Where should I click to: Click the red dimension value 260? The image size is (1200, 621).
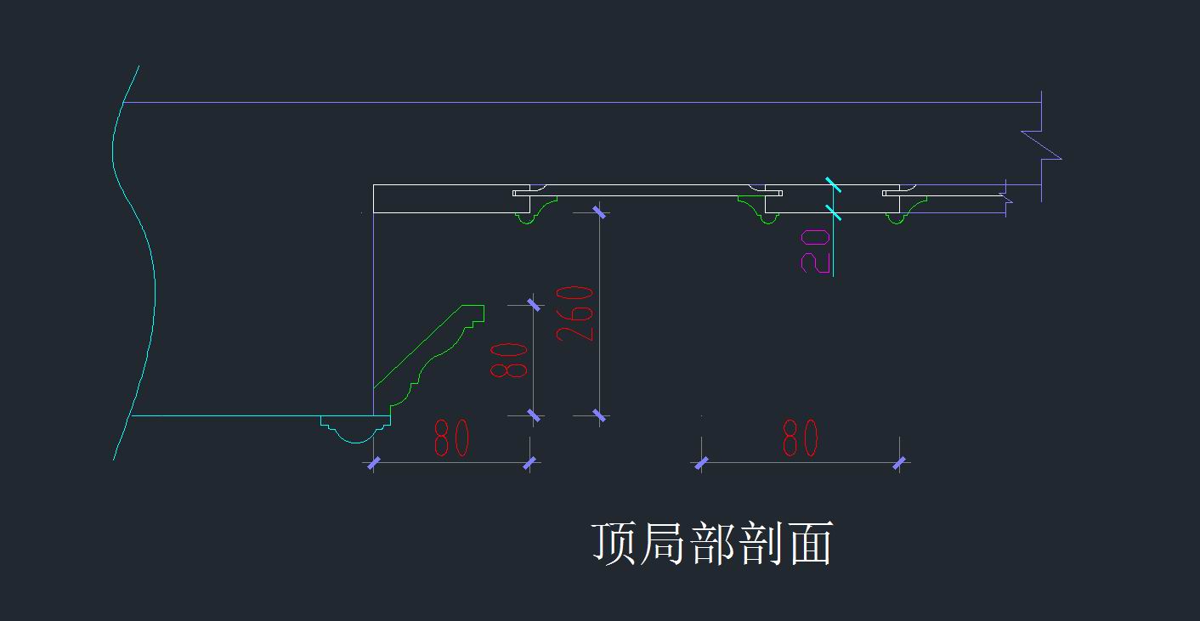pos(575,314)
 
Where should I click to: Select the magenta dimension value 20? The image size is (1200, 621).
pos(815,251)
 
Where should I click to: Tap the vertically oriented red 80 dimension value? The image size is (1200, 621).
pos(509,361)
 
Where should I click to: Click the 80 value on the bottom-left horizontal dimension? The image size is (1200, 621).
pos(451,438)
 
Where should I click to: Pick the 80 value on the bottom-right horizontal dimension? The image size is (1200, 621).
pos(801,438)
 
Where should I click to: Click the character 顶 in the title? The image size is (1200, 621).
pos(614,543)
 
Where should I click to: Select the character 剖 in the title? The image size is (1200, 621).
pos(761,543)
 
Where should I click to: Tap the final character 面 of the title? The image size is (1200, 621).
pos(811,543)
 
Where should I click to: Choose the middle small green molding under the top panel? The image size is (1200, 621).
pos(757,210)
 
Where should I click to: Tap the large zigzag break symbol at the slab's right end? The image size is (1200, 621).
pos(1041,145)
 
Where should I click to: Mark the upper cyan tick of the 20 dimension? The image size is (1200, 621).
pos(833,184)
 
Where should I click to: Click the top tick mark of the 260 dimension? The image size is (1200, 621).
pos(599,212)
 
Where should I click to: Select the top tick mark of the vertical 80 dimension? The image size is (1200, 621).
pos(534,305)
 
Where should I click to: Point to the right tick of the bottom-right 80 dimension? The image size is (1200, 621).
pos(899,463)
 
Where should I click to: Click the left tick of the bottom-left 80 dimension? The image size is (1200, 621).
pos(374,463)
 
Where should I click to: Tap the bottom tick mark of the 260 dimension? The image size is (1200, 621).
pos(599,415)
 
